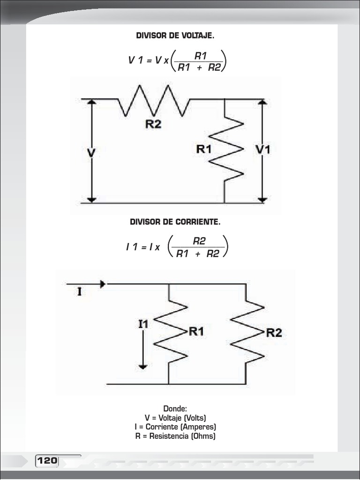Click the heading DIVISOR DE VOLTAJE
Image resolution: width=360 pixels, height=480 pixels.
[x=175, y=36]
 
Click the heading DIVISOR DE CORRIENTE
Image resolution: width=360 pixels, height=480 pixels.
[x=175, y=221]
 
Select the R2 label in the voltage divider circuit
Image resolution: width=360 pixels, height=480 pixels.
[x=153, y=124]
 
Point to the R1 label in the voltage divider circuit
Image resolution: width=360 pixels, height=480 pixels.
[x=204, y=149]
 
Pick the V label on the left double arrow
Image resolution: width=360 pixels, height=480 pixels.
[x=92, y=153]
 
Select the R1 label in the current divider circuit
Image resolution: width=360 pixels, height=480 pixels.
[x=196, y=331]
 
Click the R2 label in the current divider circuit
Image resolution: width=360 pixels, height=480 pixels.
[x=274, y=333]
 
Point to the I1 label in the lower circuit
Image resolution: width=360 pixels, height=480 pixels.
[x=143, y=323]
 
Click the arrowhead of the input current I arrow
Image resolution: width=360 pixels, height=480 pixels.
[x=103, y=284]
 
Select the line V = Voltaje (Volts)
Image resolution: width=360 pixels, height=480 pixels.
[x=175, y=418]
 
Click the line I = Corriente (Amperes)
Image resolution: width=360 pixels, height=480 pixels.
[x=175, y=427]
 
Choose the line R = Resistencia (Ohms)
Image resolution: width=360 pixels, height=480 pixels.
[x=175, y=436]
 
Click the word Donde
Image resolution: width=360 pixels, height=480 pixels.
[x=175, y=409]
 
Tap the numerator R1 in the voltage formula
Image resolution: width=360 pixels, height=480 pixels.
[x=201, y=56]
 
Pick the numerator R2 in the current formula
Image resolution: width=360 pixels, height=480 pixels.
[x=199, y=241]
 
